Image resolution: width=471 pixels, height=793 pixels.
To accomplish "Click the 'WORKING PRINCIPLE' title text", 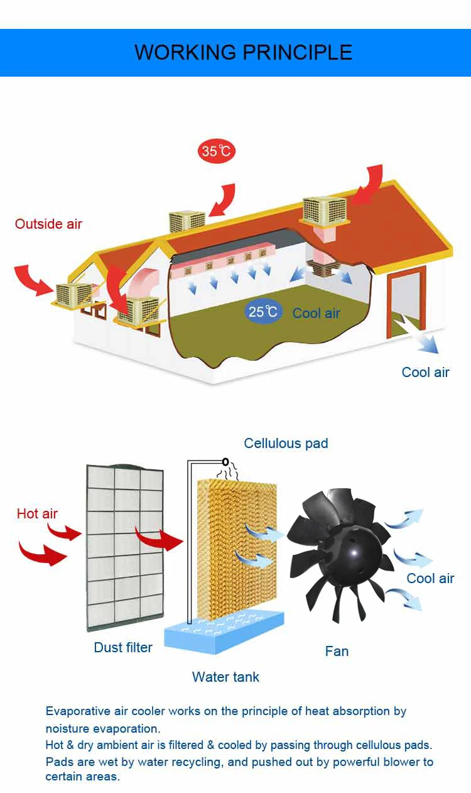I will pos(243,52).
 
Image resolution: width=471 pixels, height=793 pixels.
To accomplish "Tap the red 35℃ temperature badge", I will pos(217,151).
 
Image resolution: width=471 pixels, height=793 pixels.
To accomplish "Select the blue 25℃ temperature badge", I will pos(263,312).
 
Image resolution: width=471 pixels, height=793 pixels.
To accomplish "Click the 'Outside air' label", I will pos(48,224).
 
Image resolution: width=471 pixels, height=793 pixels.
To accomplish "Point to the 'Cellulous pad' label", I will pos(286,444).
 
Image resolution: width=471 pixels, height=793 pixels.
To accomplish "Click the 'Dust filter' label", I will pos(123,648).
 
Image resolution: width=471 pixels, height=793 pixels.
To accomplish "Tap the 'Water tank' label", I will pos(225,677).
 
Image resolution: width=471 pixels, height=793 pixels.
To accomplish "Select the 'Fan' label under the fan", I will pos(337,652).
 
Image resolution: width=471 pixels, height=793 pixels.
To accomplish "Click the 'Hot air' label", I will pos(37,514).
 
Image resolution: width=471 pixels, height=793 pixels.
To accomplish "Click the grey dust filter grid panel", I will pos(125,547).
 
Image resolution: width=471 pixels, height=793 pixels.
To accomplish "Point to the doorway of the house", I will pos(405,302).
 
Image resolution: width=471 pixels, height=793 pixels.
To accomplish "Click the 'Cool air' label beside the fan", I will pos(430,579).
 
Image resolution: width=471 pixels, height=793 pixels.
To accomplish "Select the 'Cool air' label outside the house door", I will pos(425,373).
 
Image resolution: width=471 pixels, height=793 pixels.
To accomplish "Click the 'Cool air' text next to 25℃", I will pos(316,313).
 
